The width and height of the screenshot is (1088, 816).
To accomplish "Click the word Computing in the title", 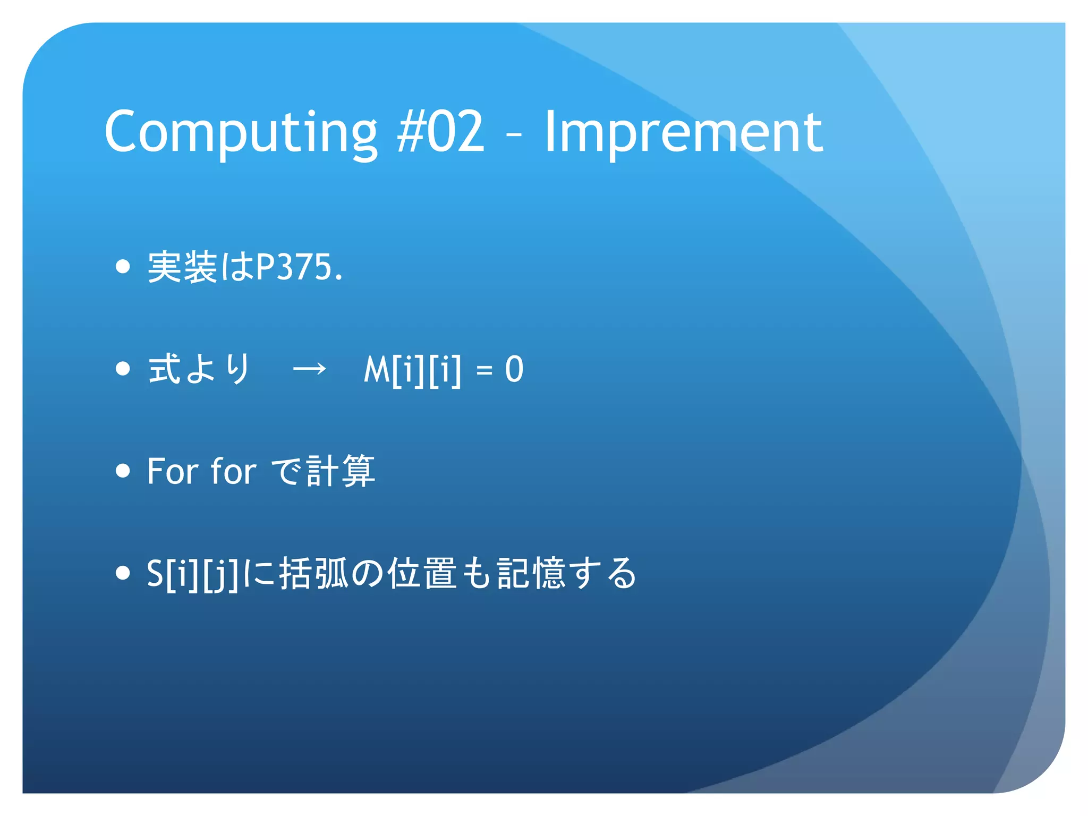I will pyautogui.click(x=240, y=132).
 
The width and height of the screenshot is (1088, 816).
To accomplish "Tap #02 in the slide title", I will pyautogui.click(x=441, y=132).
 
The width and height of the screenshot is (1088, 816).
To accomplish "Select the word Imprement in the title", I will pyautogui.click(x=683, y=132).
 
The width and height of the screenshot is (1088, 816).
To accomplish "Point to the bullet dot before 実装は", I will pyautogui.click(x=123, y=266).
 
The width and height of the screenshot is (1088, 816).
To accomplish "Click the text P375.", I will pyautogui.click(x=299, y=267).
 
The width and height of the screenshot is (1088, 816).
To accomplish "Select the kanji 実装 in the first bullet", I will pyautogui.click(x=182, y=267).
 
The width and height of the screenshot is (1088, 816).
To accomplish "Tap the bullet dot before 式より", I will pyautogui.click(x=123, y=369).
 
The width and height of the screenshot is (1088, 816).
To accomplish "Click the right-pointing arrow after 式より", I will pyautogui.click(x=310, y=369).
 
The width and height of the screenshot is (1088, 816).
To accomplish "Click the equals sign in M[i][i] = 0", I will pyautogui.click(x=484, y=370).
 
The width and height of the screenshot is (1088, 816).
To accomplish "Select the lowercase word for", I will pyautogui.click(x=233, y=471).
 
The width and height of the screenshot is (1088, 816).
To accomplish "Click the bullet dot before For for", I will pyautogui.click(x=123, y=471).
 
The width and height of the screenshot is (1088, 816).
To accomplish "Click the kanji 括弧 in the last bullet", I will pyautogui.click(x=313, y=574).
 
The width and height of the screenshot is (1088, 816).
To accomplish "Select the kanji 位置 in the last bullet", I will pyautogui.click(x=422, y=574).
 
